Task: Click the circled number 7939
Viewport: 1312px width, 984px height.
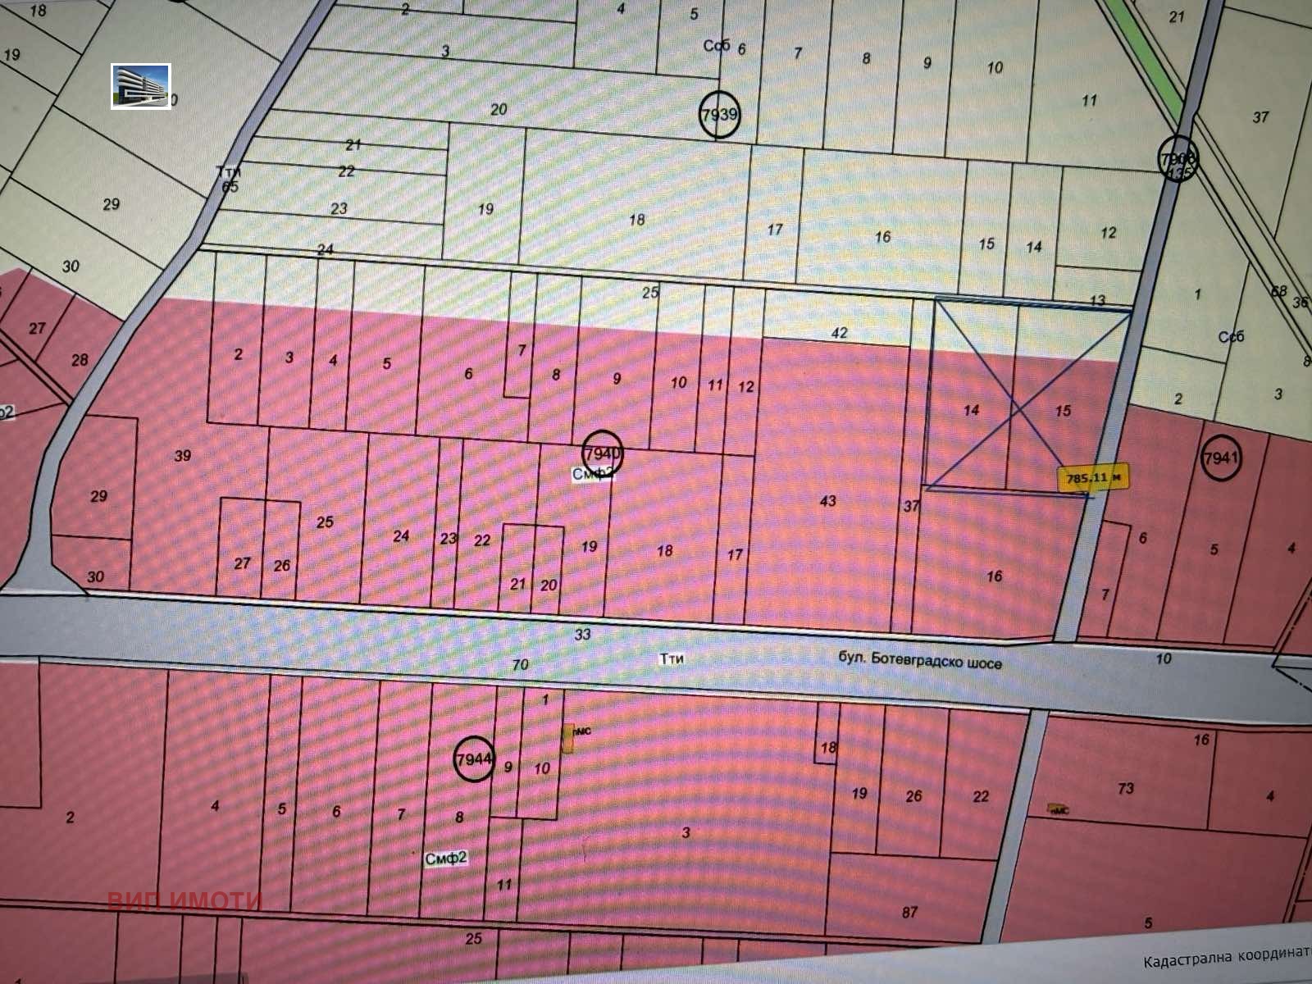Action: (x=719, y=114)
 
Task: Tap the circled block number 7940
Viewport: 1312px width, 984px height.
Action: (x=603, y=452)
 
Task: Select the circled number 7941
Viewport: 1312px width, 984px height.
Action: (x=1220, y=458)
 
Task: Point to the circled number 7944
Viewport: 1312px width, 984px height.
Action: (x=474, y=759)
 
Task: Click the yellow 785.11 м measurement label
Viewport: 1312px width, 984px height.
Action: (x=1094, y=477)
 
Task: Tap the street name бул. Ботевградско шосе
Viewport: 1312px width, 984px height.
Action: (x=919, y=661)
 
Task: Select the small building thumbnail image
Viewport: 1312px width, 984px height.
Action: (x=141, y=86)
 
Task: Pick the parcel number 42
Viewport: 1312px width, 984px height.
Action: (x=839, y=333)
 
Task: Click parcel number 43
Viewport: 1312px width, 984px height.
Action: (x=828, y=500)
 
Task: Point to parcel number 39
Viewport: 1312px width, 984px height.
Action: (x=182, y=454)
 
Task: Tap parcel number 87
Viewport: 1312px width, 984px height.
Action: (x=909, y=912)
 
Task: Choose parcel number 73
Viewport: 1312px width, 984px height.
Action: (x=1125, y=788)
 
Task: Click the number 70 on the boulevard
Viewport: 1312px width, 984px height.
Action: (x=520, y=664)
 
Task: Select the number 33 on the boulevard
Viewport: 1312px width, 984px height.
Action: (x=582, y=634)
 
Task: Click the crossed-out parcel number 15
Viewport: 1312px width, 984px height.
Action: (x=1063, y=411)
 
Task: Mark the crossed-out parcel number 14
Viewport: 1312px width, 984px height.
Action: (x=972, y=409)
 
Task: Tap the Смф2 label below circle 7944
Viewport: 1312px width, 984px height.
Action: (x=446, y=858)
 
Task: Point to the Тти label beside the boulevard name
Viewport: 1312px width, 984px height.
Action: (x=672, y=658)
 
